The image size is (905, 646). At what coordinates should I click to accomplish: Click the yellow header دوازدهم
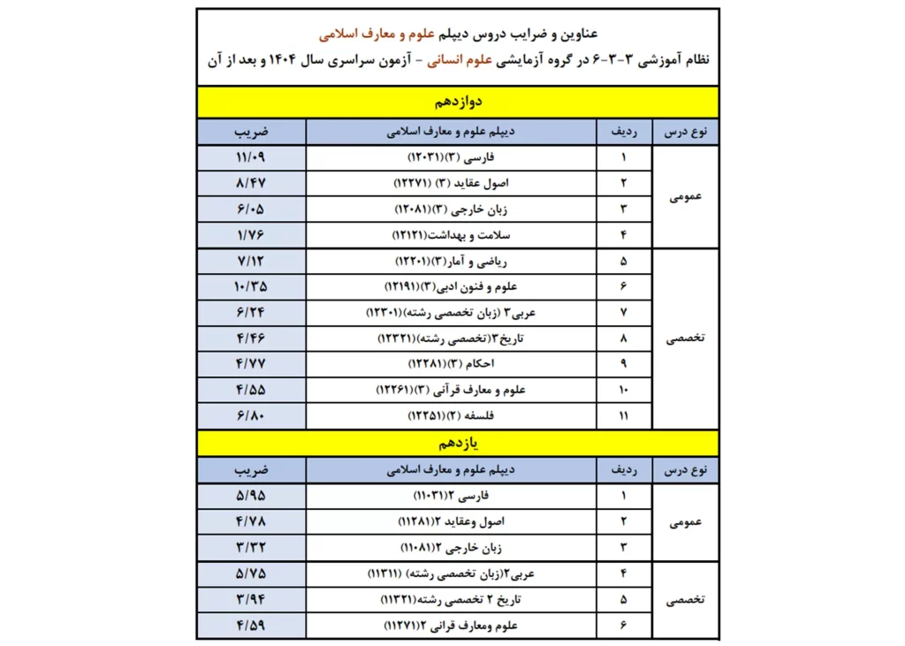tap(457, 102)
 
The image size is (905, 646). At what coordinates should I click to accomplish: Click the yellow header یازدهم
tap(457, 442)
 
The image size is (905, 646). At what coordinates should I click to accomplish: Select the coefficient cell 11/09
tap(251, 158)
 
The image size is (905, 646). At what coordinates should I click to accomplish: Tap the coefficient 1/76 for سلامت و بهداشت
tap(251, 235)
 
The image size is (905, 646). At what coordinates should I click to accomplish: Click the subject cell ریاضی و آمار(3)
tap(451, 262)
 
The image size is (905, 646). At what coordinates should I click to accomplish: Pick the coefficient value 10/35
tap(251, 287)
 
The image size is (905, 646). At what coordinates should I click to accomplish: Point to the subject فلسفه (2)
tap(451, 415)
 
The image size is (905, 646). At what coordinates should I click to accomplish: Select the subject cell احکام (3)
tap(451, 364)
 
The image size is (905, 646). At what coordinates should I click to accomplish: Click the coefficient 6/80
tap(251, 415)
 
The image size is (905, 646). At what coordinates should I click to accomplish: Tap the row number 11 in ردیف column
tap(624, 415)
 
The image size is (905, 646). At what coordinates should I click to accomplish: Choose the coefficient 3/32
tap(251, 547)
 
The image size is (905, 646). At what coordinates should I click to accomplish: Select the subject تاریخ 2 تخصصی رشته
tap(451, 600)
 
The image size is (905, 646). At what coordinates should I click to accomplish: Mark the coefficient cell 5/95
tap(251, 496)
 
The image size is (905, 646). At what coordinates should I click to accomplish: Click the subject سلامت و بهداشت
tap(451, 235)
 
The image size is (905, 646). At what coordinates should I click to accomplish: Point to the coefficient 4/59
tap(251, 626)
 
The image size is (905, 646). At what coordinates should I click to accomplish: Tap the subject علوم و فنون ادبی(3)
tap(451, 287)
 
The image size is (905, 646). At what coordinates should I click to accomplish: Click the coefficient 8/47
tap(251, 184)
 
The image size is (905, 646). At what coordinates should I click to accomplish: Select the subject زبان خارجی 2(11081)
tap(451, 547)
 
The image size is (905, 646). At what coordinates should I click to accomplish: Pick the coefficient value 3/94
tap(251, 600)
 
